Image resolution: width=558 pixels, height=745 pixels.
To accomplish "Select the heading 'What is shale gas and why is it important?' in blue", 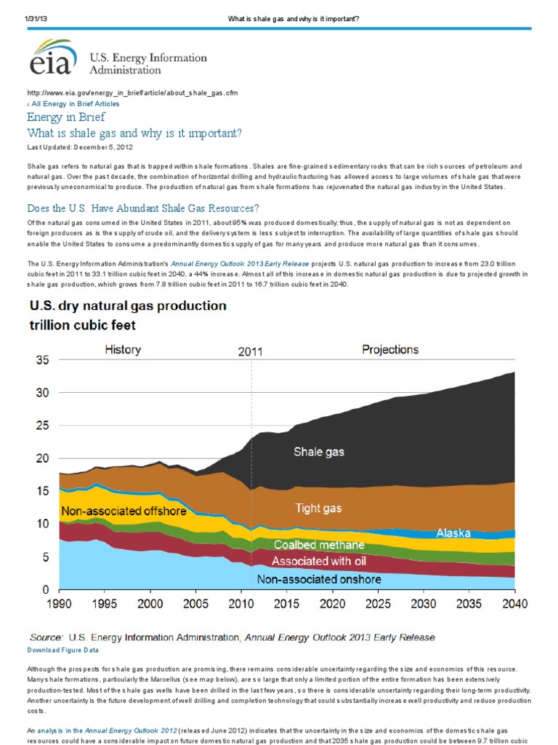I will pyautogui.click(x=134, y=133).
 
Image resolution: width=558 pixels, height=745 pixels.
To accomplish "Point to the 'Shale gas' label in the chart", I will pyautogui.click(x=319, y=452).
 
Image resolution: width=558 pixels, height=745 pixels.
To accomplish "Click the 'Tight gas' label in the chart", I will pyautogui.click(x=319, y=508).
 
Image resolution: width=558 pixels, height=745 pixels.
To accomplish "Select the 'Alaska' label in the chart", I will pyautogui.click(x=453, y=533).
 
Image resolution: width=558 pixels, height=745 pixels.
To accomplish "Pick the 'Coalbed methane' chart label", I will pyautogui.click(x=319, y=545).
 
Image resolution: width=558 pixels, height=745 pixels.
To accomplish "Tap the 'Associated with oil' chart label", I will pyautogui.click(x=319, y=561).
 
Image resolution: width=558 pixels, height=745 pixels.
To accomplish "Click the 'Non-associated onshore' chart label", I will pyautogui.click(x=319, y=580).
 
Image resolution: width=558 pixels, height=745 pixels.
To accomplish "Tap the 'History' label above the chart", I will pyautogui.click(x=123, y=350).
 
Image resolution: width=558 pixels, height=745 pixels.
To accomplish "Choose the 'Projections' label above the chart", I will pyautogui.click(x=390, y=350).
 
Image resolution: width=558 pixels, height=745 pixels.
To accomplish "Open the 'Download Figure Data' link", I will pyautogui.click(x=62, y=650).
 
